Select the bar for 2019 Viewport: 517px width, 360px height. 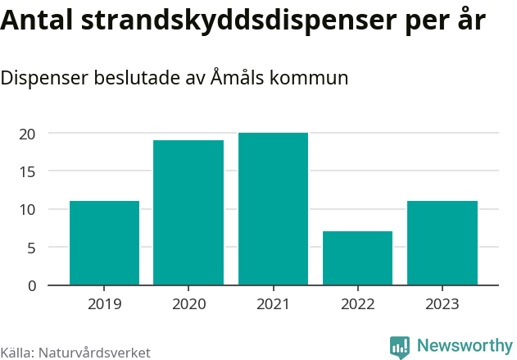pyautogui.click(x=104, y=243)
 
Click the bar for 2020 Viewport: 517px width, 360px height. pyautogui.click(x=188, y=212)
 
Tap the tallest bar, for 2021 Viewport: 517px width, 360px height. pyautogui.click(x=273, y=209)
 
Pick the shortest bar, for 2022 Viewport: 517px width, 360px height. pyautogui.click(x=357, y=258)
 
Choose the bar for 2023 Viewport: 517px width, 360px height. pyautogui.click(x=442, y=243)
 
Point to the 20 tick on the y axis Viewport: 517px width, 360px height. pyautogui.click(x=28, y=134)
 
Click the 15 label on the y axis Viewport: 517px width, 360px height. pyautogui.click(x=28, y=171)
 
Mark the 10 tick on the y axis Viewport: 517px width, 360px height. pyautogui.click(x=28, y=209)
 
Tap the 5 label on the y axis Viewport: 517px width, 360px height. pyautogui.click(x=32, y=248)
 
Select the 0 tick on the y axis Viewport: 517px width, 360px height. pyautogui.click(x=32, y=285)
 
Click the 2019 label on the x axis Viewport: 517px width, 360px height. pyautogui.click(x=104, y=304)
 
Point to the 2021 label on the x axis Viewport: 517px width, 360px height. pyautogui.click(x=273, y=304)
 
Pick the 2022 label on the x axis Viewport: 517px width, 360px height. pyautogui.click(x=357, y=304)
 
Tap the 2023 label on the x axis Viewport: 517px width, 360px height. pyautogui.click(x=442, y=304)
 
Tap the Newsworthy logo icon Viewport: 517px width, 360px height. pyautogui.click(x=400, y=347)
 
